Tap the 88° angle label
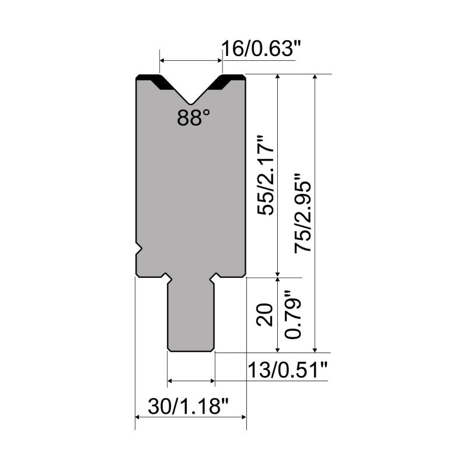point(193,117)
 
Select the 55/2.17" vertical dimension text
point(265,175)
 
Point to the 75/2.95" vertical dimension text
point(302,213)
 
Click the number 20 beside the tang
point(264,315)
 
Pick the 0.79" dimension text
point(293,315)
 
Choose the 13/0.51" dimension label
point(287,370)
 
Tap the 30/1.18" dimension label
point(188,406)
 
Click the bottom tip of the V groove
point(191,104)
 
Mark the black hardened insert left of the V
point(155,81)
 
